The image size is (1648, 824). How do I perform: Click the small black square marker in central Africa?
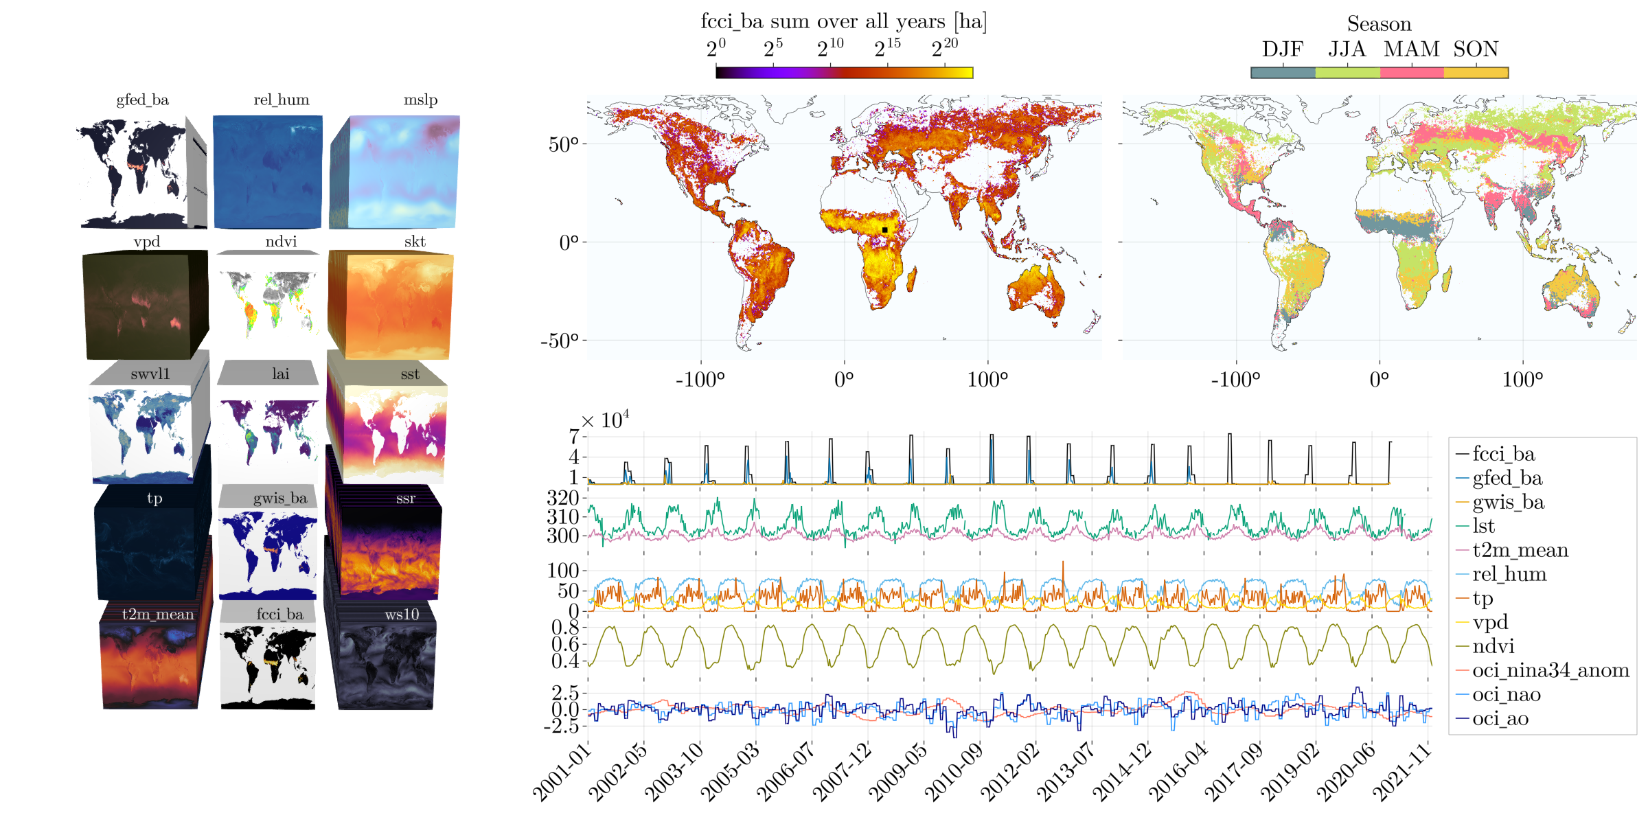click(x=884, y=230)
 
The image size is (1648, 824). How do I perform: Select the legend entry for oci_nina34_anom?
click(x=1550, y=670)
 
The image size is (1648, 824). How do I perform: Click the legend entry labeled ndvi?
click(x=1493, y=646)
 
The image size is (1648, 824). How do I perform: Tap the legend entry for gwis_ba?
click(x=1508, y=502)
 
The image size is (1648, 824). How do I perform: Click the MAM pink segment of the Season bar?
click(x=1412, y=73)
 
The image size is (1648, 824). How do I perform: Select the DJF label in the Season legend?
click(x=1282, y=49)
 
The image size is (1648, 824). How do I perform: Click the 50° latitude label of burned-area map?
click(x=563, y=144)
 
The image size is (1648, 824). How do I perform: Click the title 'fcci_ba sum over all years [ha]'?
click(x=843, y=21)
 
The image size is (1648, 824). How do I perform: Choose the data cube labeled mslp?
click(x=402, y=172)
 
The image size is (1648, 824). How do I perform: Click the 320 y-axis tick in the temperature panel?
click(x=563, y=497)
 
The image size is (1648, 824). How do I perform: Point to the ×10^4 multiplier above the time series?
click(x=604, y=420)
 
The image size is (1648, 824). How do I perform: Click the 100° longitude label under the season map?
click(x=1522, y=380)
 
